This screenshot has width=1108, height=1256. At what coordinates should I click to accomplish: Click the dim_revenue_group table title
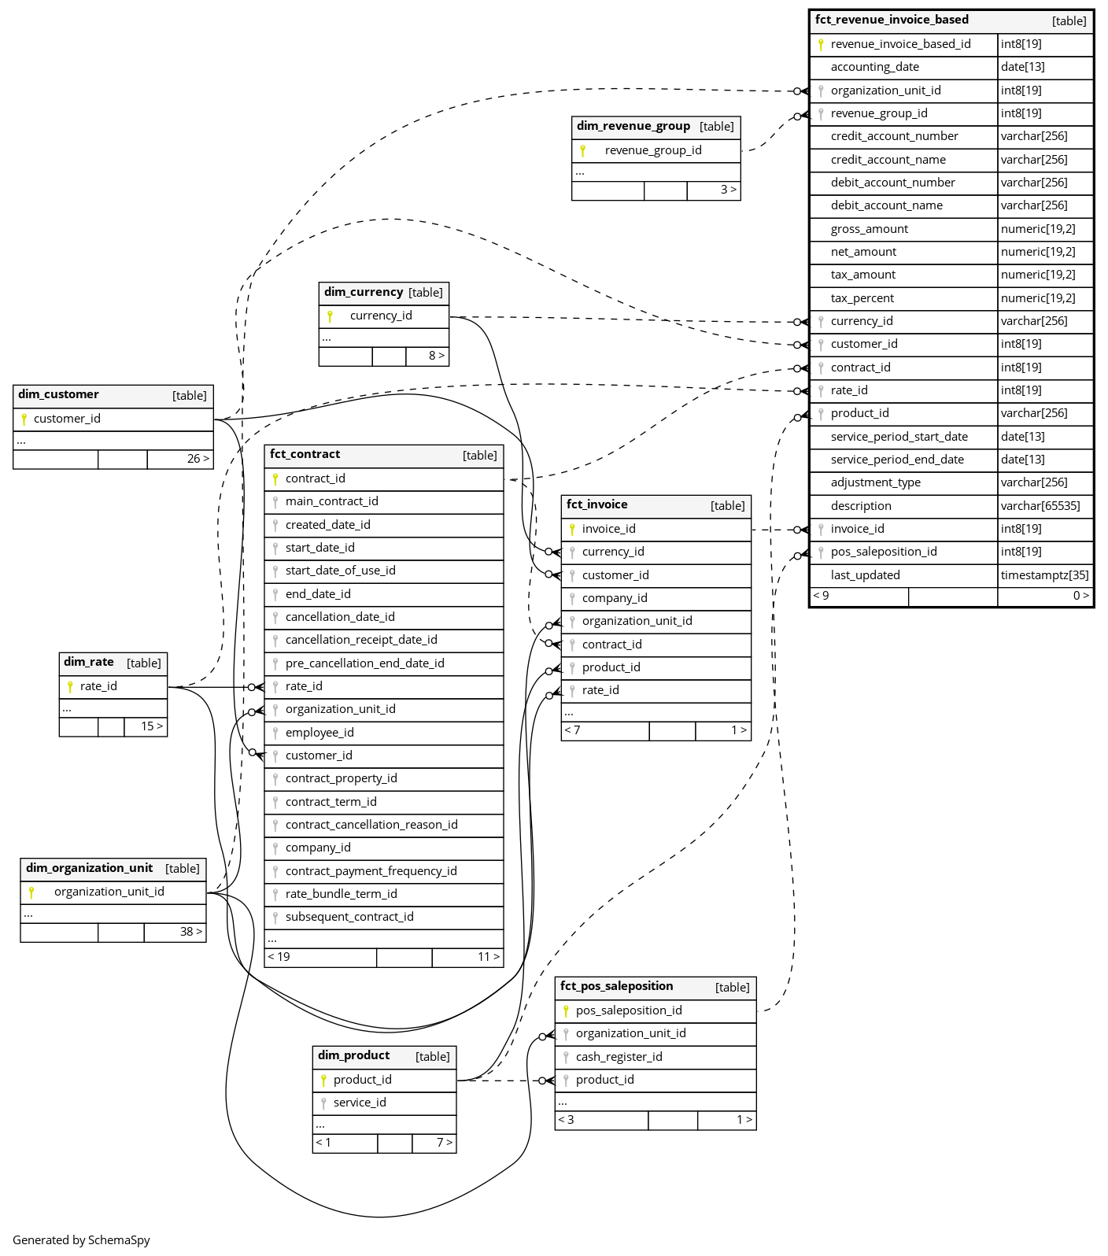633,126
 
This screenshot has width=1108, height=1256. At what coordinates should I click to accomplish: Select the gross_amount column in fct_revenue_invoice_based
869,229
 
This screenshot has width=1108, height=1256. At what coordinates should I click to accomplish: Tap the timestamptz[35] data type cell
1045,575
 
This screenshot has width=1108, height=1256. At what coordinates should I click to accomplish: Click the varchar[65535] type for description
1040,506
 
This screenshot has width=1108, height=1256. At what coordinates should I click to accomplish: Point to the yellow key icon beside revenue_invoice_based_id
821,45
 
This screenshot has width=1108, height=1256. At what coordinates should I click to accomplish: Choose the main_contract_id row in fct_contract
331,501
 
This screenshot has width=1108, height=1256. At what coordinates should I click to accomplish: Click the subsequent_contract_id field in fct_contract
349,917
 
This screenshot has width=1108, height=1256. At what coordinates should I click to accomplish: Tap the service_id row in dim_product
360,1103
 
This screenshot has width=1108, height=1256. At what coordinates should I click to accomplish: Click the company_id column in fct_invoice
615,598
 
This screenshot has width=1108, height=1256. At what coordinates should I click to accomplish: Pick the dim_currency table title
364,292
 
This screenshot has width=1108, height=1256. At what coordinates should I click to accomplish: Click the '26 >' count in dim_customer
198,459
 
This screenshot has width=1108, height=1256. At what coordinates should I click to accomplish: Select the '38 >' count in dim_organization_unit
191,932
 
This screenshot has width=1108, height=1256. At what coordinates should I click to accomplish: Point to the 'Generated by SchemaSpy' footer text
81,1240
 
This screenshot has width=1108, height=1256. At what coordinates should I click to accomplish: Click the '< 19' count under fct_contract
279,957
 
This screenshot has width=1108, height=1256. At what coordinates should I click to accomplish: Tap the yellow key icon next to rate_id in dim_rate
70,687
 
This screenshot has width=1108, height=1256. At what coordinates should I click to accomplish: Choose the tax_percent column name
862,298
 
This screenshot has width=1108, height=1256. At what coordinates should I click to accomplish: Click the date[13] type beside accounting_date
1023,67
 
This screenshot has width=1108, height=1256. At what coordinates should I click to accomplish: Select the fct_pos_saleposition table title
616,986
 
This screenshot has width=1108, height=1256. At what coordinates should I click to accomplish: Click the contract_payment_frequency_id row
371,871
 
